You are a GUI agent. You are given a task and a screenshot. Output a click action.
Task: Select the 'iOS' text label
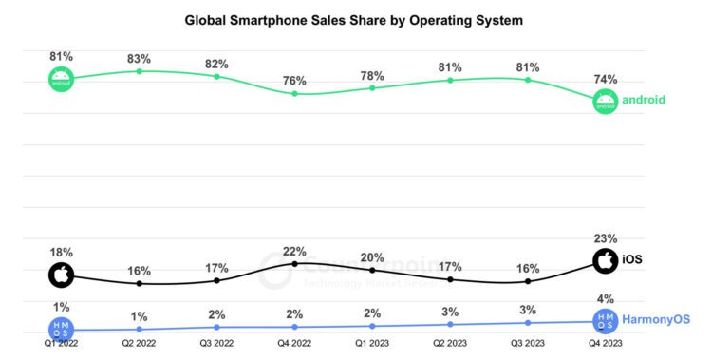pyautogui.click(x=633, y=258)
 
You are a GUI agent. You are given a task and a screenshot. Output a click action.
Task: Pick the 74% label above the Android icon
pyautogui.click(x=606, y=79)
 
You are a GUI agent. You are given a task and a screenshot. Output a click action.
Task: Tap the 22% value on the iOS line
pyautogui.click(x=294, y=251)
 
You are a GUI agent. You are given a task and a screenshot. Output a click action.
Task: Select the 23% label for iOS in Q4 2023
pyautogui.click(x=606, y=238)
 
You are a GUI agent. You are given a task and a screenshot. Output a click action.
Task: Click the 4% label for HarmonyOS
pyautogui.click(x=606, y=300)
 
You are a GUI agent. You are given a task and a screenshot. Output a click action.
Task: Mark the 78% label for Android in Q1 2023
pyautogui.click(x=372, y=75)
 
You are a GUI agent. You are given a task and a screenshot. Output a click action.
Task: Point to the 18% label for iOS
pyautogui.click(x=62, y=253)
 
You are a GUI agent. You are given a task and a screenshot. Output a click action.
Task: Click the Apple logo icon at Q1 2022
pyautogui.click(x=62, y=276)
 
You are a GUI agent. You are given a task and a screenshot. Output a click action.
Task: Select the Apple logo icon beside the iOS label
pyautogui.click(x=606, y=259)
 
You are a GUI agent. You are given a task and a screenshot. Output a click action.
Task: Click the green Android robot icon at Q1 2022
pyautogui.click(x=62, y=79)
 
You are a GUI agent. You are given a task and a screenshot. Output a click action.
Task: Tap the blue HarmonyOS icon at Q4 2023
pyautogui.click(x=606, y=322)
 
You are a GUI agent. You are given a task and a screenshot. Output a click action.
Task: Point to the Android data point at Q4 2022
pyautogui.click(x=295, y=93)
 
